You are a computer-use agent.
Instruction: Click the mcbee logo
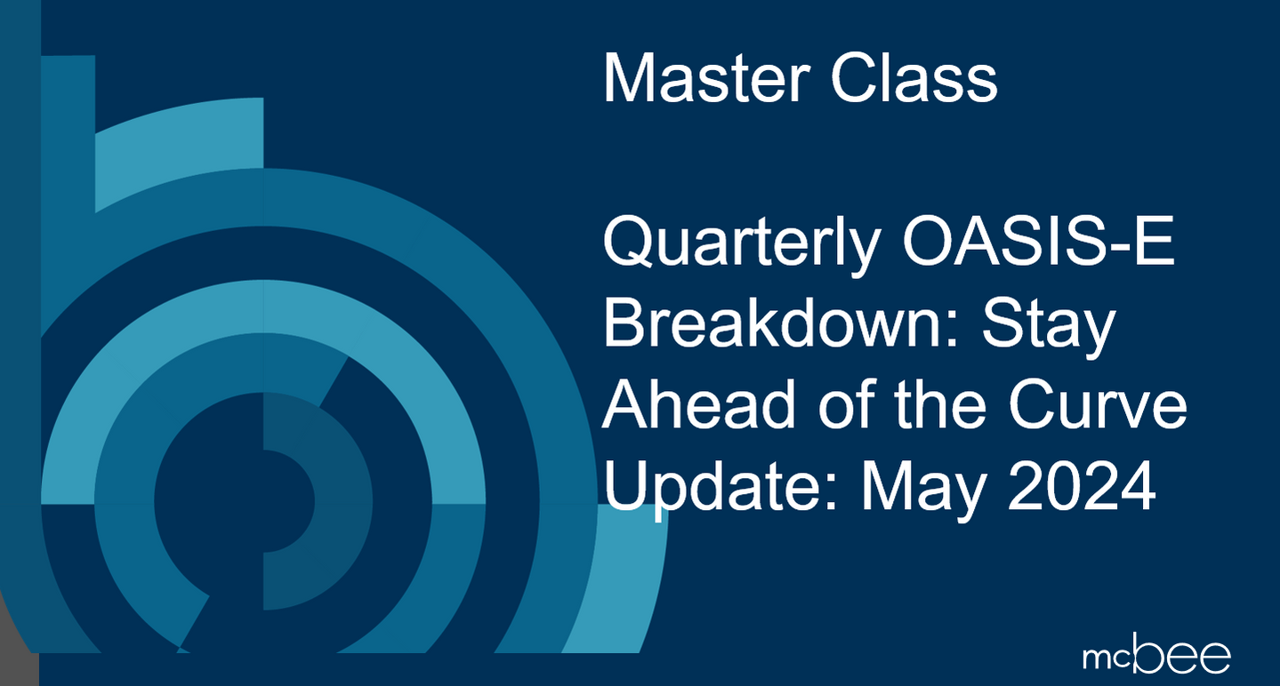point(1156,657)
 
